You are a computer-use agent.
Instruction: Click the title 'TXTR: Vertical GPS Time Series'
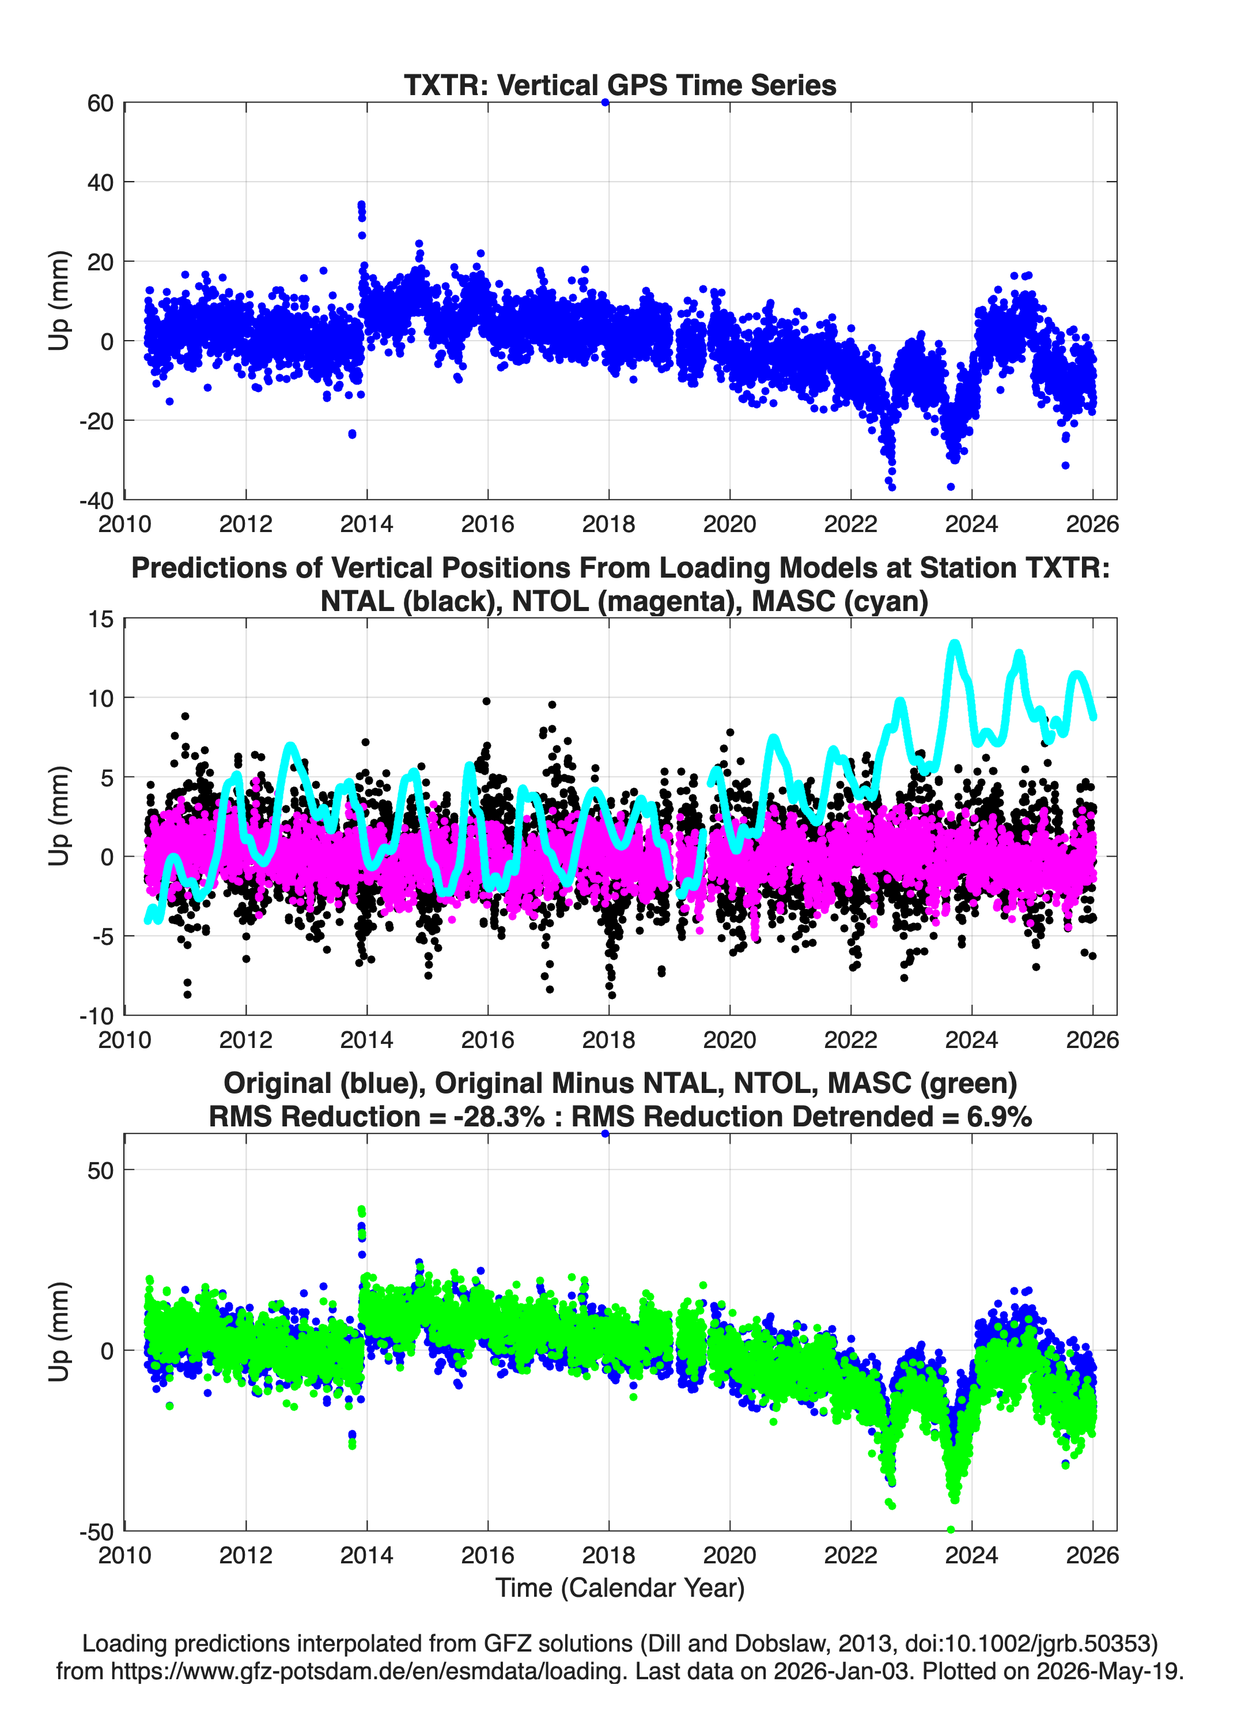tap(620, 85)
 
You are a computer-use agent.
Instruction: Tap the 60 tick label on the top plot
tap(100, 103)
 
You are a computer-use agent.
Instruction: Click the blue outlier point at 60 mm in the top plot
tap(604, 103)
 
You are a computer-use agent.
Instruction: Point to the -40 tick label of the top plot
tap(96, 500)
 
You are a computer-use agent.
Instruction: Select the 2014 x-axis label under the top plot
tap(366, 524)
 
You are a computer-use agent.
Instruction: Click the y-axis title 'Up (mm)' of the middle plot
tap(59, 816)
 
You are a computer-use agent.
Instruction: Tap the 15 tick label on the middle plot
tap(101, 619)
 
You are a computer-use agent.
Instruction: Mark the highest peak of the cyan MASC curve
tap(955, 644)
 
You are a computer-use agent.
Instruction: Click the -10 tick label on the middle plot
tap(96, 1016)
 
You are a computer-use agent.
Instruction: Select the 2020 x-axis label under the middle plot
tap(729, 1039)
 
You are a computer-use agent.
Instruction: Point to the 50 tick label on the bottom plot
tap(101, 1170)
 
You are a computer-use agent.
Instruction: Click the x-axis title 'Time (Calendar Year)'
tap(620, 1588)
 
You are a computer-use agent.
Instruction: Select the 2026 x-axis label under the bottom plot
tap(1092, 1555)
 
